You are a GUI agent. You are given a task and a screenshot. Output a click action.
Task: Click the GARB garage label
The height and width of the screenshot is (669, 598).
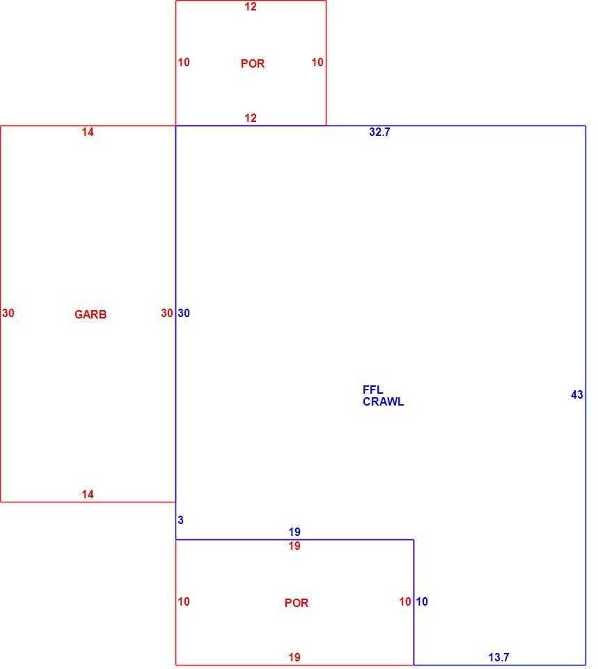91,314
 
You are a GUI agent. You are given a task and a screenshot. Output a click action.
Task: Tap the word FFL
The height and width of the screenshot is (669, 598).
373,390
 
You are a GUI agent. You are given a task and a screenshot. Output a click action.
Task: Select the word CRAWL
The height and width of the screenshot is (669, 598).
383,401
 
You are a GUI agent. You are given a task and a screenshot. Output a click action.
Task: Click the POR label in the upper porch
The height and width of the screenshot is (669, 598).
253,63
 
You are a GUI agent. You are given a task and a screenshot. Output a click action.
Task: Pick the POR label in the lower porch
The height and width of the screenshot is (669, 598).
297,603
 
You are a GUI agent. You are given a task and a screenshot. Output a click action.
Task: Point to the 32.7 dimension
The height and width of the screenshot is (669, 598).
380,132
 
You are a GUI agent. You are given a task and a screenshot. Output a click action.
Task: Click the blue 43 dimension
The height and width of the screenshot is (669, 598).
576,394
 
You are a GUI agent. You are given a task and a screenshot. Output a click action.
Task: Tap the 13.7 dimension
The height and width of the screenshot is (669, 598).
498,657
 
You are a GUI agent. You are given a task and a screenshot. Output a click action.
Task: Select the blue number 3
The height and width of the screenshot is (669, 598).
181,520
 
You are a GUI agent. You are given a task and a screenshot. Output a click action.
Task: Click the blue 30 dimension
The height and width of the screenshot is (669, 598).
184,313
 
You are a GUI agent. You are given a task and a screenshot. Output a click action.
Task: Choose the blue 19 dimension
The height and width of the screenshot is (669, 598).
294,532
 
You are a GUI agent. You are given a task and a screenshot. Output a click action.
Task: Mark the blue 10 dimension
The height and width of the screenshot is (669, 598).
422,601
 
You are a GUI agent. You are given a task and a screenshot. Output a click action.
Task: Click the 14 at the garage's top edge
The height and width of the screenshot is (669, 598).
88,132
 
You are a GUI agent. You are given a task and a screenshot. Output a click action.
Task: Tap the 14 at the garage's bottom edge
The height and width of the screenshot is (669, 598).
88,495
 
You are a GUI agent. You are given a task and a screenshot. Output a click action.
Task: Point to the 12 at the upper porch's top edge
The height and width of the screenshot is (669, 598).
251,7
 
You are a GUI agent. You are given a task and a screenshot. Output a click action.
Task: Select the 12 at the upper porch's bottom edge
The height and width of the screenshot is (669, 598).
251,118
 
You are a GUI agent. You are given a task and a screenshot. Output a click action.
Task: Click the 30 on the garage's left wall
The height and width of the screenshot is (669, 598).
8,313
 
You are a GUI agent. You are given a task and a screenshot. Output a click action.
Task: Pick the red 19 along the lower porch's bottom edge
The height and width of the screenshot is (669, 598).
294,657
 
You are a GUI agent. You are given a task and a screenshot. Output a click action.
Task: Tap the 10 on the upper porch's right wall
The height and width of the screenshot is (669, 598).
317,62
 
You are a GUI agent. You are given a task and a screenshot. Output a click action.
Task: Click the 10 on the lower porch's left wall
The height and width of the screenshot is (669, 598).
184,601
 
